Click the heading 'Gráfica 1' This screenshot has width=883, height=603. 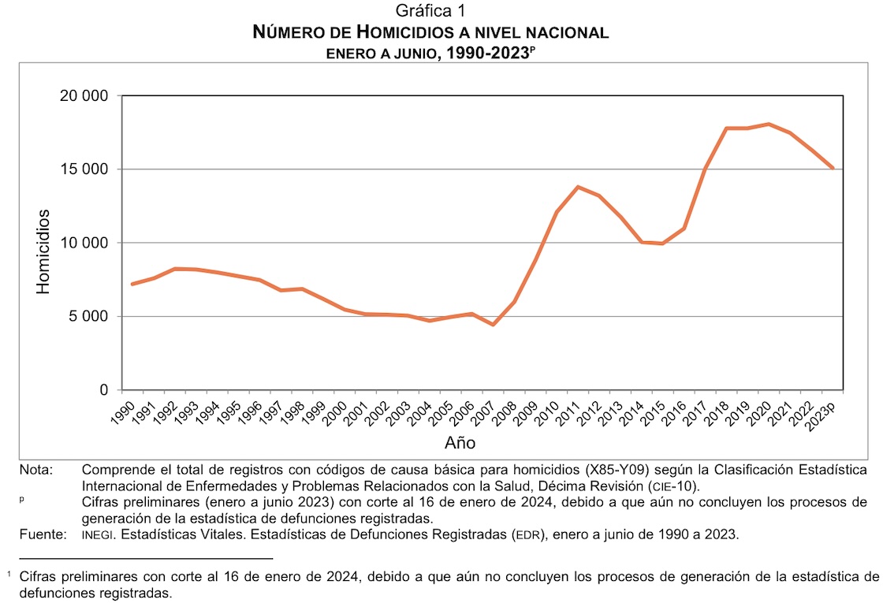tap(431, 11)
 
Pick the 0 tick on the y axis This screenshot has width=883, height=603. tap(104, 390)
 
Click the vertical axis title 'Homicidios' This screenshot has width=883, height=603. tap(43, 251)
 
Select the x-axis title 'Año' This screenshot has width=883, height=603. tap(460, 442)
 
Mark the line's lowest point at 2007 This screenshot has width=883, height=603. tap(493, 325)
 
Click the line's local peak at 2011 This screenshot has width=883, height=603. tap(578, 187)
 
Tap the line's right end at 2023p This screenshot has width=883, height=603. tap(833, 168)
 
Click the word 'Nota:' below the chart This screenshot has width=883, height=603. tap(36, 471)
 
